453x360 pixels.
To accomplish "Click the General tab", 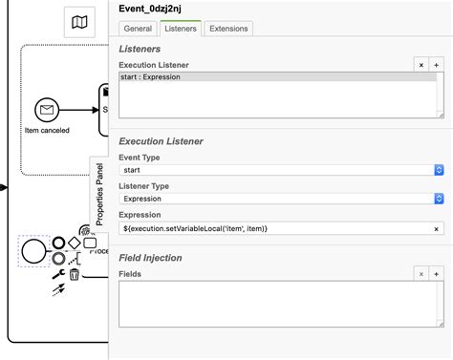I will coord(138,29).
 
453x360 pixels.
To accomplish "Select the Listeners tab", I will coord(180,29).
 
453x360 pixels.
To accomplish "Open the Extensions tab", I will coord(229,29).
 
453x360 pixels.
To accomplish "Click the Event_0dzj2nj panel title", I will coord(157,9).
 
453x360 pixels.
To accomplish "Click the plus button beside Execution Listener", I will coord(437,64).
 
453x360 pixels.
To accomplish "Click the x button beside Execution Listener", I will coord(421,64).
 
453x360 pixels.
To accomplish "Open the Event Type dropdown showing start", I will coord(282,169).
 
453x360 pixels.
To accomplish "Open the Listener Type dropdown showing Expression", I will coord(282,199).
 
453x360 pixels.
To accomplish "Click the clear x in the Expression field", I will coord(438,228).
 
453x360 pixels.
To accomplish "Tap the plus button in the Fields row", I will coord(437,273).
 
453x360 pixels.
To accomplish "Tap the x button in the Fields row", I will coord(421,273).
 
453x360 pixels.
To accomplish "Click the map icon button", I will coord(79,21).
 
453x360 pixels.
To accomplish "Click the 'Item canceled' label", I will coord(47,130).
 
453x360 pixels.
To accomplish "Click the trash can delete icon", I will coord(74,274).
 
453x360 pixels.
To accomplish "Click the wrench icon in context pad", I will coord(58,274).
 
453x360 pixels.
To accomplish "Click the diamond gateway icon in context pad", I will coord(74,242).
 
